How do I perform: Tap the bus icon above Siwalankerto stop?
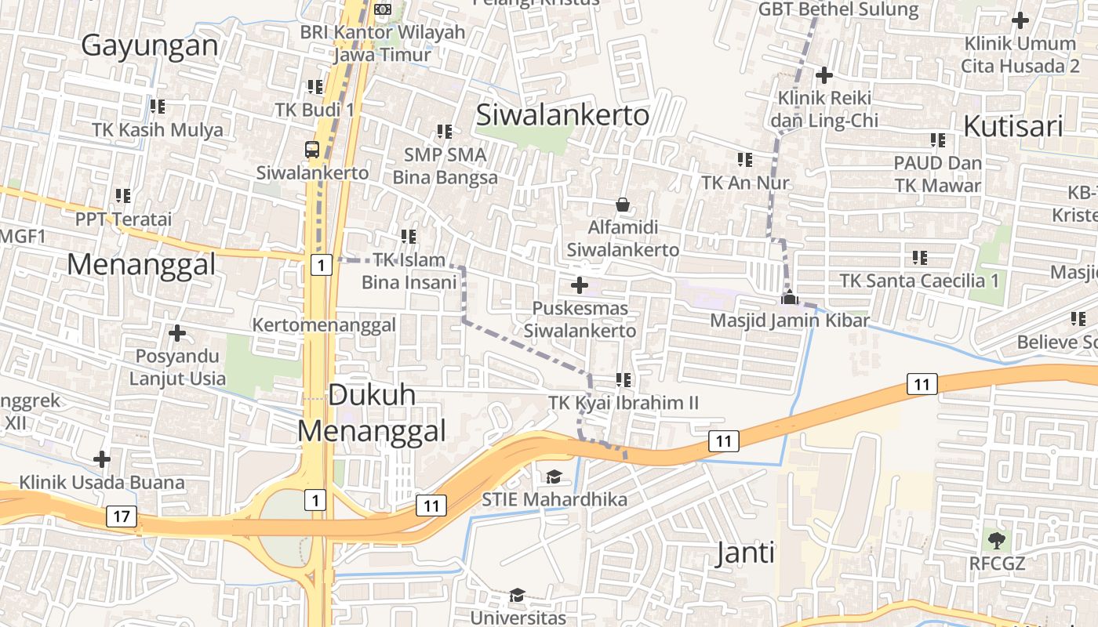[312, 149]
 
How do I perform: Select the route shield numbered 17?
[121, 516]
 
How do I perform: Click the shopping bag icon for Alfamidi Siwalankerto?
[623, 205]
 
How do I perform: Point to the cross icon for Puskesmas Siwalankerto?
[580, 285]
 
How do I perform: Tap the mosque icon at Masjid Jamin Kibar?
[789, 297]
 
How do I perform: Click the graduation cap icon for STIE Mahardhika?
[554, 477]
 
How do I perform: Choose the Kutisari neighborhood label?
[1013, 126]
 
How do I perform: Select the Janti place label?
[745, 553]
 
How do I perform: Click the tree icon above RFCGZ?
[997, 540]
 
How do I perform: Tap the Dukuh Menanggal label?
[371, 412]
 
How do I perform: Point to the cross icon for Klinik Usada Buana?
[102, 459]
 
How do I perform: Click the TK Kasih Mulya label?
[158, 130]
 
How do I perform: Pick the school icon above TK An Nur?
[744, 160]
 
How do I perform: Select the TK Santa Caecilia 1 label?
[919, 281]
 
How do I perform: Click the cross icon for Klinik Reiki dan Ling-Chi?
[823, 76]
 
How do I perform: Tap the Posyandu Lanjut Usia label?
[177, 368]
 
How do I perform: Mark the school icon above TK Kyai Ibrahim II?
[624, 380]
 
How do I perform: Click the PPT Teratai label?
[123, 219]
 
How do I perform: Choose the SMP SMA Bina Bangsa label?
[445, 166]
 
